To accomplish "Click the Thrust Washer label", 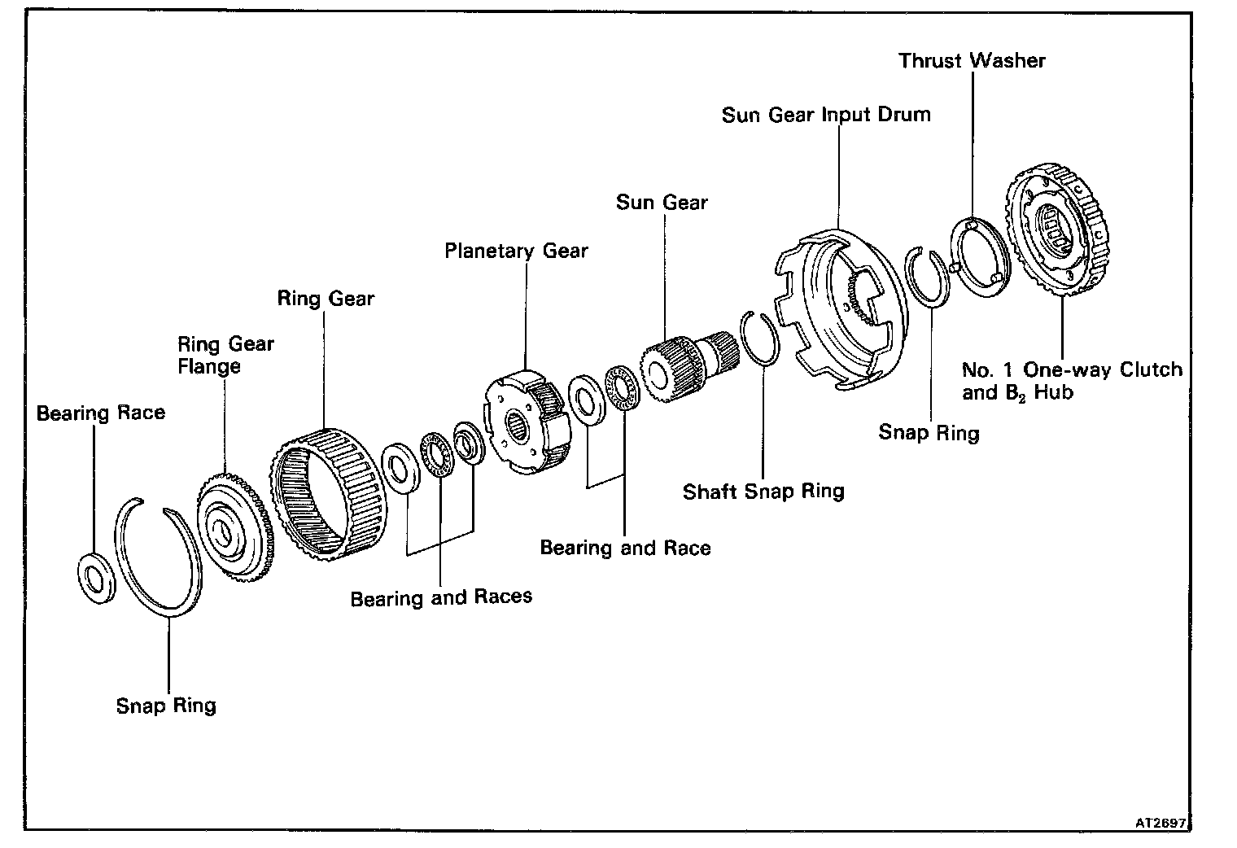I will [x=972, y=61].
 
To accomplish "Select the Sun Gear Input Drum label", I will [x=826, y=115].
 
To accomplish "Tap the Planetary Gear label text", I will [x=516, y=251].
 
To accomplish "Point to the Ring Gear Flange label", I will [x=225, y=355].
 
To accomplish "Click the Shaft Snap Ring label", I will [x=763, y=492].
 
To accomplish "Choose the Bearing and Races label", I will [x=441, y=597].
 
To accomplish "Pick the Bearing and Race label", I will [x=625, y=548].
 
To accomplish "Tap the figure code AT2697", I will [x=1162, y=823].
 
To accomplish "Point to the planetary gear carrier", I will [x=523, y=421].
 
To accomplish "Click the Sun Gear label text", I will [x=662, y=203].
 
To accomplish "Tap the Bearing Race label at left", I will [x=101, y=413].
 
